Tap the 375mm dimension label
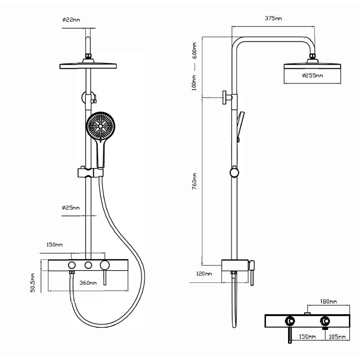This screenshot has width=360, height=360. pos(274,18)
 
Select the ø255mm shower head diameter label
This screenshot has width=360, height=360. pos(313,76)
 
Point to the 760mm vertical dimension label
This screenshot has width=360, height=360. pos(195,185)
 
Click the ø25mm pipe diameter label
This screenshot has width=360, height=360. pos(71,208)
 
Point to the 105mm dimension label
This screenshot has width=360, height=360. pos(337,337)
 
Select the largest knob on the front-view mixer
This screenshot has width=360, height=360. pos(106,265)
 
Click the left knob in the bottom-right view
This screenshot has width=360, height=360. pos(290,321)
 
